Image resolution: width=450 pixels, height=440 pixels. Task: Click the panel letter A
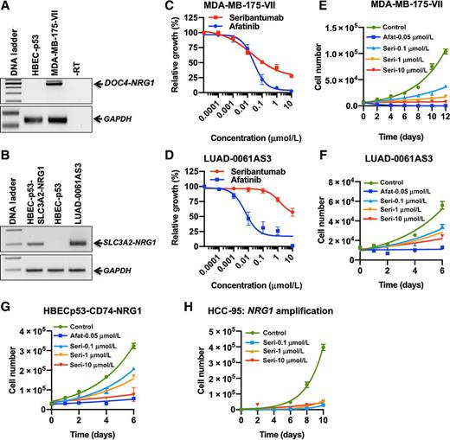(6, 7)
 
